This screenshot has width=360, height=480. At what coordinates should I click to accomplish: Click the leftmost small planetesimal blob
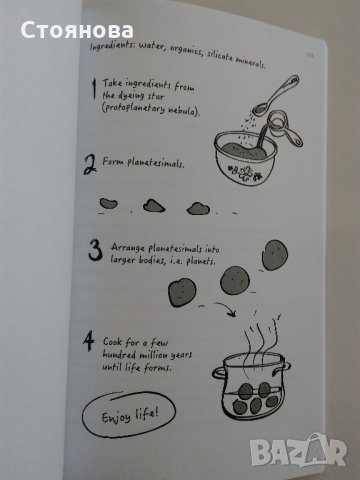coord(107,201)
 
